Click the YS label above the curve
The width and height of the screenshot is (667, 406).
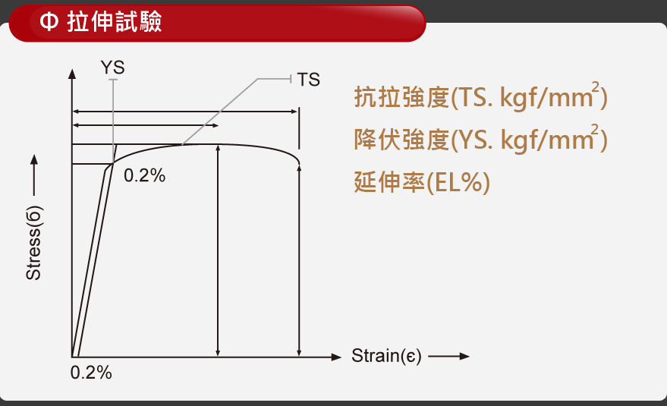click(113, 68)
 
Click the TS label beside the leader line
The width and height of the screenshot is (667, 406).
click(308, 80)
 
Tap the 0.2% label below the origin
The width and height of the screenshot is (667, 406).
click(91, 373)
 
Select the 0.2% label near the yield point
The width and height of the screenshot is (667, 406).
click(145, 175)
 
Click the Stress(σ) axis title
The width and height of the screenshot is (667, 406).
click(33, 243)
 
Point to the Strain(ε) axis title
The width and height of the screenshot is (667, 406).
click(386, 356)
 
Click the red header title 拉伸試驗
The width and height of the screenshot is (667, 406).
click(115, 21)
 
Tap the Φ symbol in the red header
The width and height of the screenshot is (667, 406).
click(49, 21)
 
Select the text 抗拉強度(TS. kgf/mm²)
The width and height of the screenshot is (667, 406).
click(480, 96)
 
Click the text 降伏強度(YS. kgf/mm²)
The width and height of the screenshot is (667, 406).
click(480, 139)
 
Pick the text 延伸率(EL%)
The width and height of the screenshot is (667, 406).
click(422, 182)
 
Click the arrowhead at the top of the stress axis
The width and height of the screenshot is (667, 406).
click(72, 74)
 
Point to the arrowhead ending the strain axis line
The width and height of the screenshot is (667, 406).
click(336, 357)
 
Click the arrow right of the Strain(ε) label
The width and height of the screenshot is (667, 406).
click(448, 356)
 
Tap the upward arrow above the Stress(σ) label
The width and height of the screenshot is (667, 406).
click(34, 175)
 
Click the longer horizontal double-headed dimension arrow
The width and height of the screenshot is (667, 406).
click(185, 112)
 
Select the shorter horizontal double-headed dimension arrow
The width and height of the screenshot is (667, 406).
click(146, 125)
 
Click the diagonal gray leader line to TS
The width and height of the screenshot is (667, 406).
click(220, 112)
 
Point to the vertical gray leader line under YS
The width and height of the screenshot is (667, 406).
click(113, 121)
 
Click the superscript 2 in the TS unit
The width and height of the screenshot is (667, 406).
click(595, 87)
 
